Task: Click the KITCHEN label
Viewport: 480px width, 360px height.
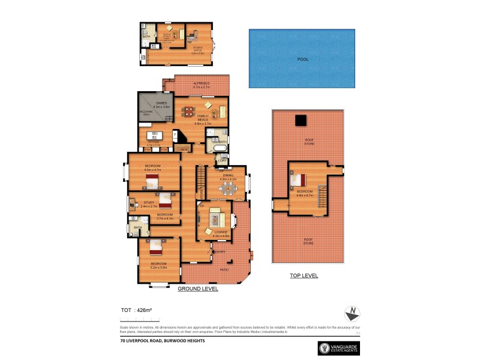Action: (154, 142)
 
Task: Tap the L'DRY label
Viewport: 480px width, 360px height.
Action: (222, 160)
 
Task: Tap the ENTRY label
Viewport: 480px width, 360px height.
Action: (220, 252)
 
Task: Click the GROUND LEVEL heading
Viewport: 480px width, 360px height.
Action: (198, 289)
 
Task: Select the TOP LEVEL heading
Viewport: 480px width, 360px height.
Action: (304, 276)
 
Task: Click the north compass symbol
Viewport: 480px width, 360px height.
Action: (352, 313)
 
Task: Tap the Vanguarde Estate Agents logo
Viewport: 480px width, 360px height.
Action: (340, 349)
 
